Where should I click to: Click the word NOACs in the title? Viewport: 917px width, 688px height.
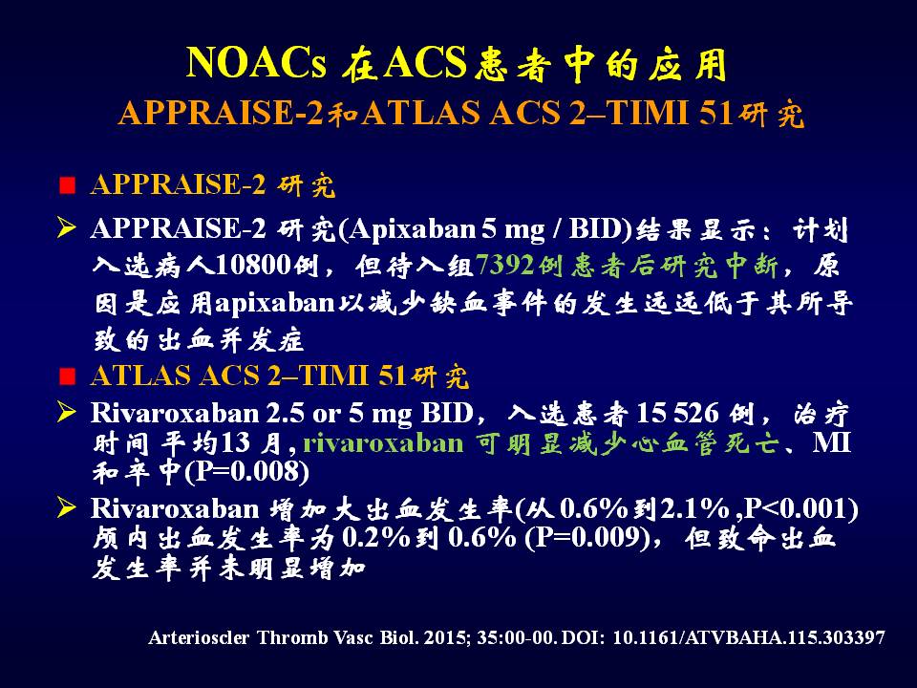256,63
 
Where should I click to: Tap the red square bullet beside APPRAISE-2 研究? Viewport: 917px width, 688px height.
68,185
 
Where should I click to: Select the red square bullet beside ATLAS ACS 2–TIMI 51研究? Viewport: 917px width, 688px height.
68,376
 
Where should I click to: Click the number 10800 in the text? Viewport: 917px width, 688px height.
254,267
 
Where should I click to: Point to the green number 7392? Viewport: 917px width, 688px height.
505,267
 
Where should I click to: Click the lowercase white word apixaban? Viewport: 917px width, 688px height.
274,304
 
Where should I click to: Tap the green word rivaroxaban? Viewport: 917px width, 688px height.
384,443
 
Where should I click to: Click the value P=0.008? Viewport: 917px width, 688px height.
247,472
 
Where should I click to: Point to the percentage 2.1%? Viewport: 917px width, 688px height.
694,509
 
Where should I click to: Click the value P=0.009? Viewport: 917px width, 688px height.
586,538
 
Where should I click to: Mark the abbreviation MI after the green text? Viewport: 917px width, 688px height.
831,443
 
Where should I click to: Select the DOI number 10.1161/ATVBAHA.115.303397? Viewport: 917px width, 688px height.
749,637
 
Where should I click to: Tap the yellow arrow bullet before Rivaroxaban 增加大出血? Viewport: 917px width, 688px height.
67,507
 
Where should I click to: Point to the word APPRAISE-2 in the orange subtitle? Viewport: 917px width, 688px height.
221,113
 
